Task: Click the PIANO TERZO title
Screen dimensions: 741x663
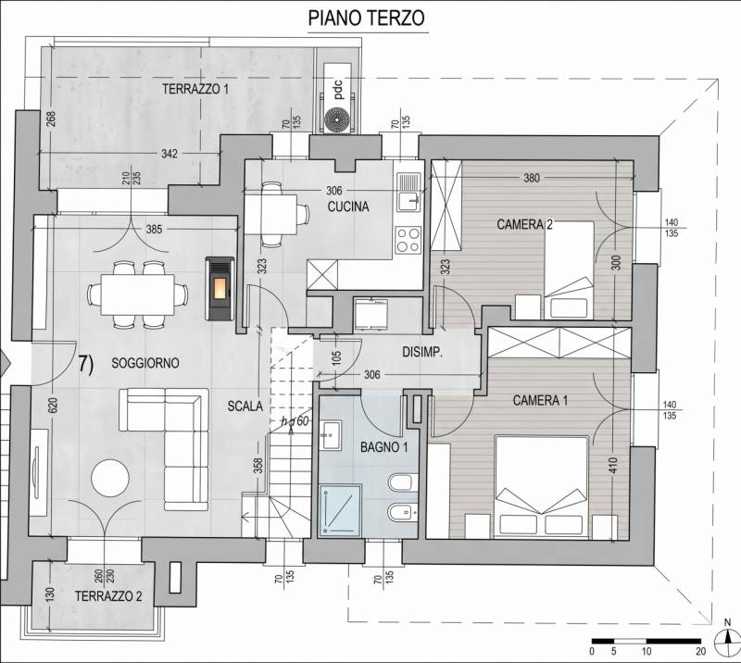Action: pyautogui.click(x=366, y=18)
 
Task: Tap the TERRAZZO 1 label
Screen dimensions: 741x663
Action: pyautogui.click(x=195, y=89)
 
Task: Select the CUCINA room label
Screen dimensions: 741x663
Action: pyautogui.click(x=348, y=206)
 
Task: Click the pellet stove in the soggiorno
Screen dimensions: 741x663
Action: pyautogui.click(x=220, y=289)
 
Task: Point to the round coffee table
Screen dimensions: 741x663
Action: pyautogui.click(x=110, y=477)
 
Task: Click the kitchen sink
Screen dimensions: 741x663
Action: pyautogui.click(x=408, y=192)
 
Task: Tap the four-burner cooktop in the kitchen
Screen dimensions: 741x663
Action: pyautogui.click(x=408, y=239)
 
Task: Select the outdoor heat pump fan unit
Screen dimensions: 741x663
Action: pyautogui.click(x=338, y=119)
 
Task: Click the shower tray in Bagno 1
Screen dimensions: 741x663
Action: pyautogui.click(x=340, y=511)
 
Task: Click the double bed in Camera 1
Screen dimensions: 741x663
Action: pyautogui.click(x=542, y=488)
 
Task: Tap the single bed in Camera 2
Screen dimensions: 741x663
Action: pyautogui.click(x=569, y=270)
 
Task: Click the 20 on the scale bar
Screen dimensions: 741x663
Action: pyautogui.click(x=701, y=651)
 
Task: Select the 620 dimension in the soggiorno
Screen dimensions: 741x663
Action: pyautogui.click(x=52, y=406)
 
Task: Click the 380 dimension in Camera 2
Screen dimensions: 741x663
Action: pyautogui.click(x=532, y=178)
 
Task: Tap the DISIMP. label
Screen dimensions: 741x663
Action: pyautogui.click(x=422, y=352)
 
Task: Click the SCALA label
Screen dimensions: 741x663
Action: pyautogui.click(x=245, y=406)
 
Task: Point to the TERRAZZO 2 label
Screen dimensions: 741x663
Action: pyautogui.click(x=108, y=596)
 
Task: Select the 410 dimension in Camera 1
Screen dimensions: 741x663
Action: pyautogui.click(x=613, y=466)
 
